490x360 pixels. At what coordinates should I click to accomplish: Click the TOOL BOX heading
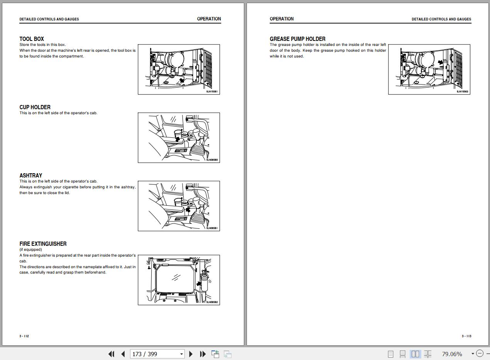(x=32, y=39)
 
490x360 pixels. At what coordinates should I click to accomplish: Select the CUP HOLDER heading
(x=35, y=107)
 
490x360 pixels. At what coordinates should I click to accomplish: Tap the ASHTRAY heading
(x=31, y=176)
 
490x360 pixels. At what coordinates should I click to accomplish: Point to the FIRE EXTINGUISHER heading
(x=43, y=243)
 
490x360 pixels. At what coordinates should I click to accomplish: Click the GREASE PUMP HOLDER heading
(x=297, y=39)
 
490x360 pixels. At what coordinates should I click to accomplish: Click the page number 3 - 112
(x=24, y=336)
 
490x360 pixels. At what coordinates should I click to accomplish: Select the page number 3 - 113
(x=466, y=336)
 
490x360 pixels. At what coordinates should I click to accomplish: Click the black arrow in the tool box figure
(x=182, y=80)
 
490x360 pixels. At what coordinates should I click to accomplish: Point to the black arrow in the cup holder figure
(x=177, y=139)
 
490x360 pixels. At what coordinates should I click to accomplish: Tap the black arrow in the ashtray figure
(x=188, y=210)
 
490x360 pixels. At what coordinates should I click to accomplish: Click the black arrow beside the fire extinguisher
(x=199, y=284)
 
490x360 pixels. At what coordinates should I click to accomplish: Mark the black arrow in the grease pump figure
(x=440, y=62)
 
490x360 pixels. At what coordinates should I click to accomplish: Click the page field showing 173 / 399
(x=157, y=354)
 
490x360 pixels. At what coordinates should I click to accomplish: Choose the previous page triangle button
(x=123, y=354)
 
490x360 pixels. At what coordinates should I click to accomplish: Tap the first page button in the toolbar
(x=112, y=354)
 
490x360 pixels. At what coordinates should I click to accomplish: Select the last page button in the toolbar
(x=203, y=354)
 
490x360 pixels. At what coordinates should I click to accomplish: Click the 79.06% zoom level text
(x=452, y=354)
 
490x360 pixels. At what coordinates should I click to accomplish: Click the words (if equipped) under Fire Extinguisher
(x=30, y=250)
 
